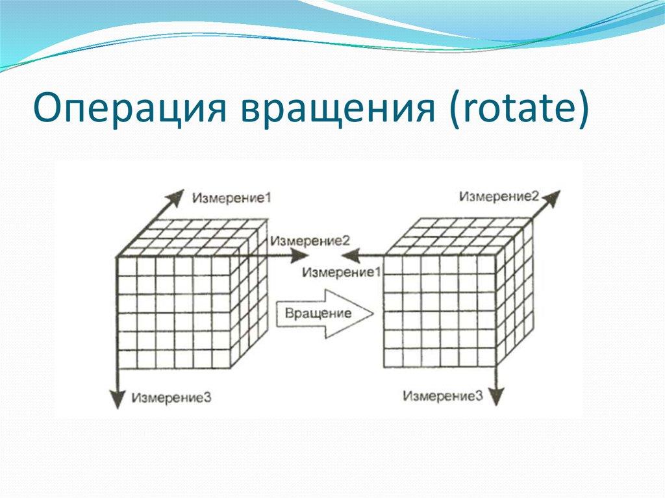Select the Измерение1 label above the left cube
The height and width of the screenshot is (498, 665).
tap(223, 195)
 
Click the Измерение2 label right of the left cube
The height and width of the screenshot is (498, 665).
tap(310, 240)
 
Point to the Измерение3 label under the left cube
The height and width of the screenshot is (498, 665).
tap(171, 397)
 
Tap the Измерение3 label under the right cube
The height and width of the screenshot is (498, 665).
tap(442, 395)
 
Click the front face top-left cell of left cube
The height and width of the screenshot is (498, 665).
tap(127, 267)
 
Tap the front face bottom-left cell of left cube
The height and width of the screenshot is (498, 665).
tap(127, 359)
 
